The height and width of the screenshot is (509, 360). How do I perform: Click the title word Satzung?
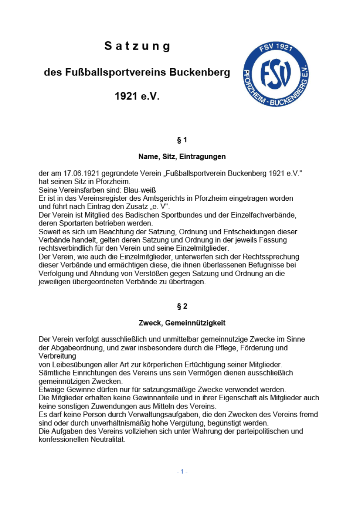137,46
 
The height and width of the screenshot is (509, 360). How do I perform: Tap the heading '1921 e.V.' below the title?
137,96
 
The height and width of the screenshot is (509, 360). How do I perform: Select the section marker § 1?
182,140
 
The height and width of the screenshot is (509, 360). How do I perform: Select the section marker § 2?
182,306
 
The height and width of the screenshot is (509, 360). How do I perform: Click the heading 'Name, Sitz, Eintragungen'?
182,157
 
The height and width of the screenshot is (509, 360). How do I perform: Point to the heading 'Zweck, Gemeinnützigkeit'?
182,323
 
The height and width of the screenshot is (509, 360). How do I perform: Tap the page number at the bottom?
182,471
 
